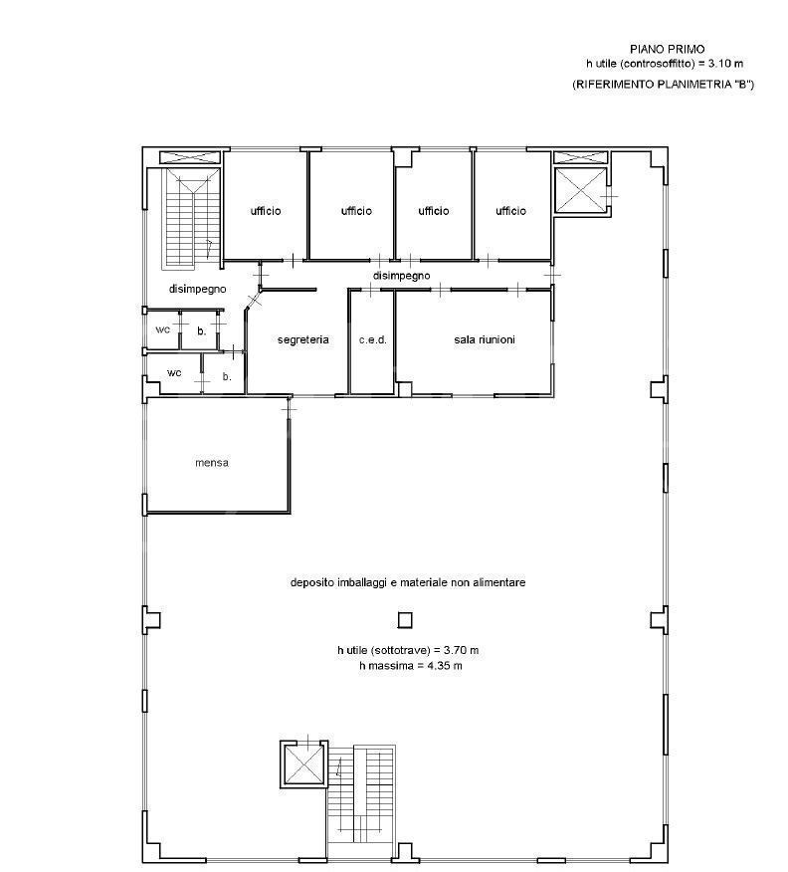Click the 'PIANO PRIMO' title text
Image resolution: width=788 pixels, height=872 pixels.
point(667,49)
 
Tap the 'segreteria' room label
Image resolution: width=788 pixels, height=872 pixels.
point(302,339)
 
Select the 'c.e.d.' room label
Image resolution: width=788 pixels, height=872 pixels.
point(373,339)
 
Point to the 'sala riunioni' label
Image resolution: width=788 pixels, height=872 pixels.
point(485,339)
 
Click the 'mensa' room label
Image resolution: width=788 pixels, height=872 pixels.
point(212,462)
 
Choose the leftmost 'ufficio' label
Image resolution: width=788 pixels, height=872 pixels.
point(266,211)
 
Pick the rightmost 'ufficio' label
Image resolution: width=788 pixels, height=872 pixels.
point(510,211)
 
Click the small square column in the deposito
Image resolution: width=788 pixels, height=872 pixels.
point(405,619)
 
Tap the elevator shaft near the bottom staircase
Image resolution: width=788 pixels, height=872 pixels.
point(303,765)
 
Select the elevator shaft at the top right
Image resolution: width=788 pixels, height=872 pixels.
point(581,190)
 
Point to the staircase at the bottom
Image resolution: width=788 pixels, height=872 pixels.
point(360,800)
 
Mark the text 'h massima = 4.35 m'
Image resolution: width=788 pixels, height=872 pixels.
point(410,666)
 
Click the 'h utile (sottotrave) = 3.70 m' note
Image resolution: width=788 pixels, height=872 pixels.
point(408,650)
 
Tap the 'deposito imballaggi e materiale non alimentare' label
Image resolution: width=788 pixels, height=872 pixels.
point(408,582)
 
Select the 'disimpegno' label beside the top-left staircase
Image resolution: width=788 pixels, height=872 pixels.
point(197,289)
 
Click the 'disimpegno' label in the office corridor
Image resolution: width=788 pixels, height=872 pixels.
point(401,276)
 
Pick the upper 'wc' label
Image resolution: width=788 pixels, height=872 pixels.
point(163,329)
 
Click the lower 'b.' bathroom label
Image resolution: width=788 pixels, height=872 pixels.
point(227,376)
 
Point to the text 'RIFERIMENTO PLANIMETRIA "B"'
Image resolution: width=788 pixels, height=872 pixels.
point(664,85)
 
